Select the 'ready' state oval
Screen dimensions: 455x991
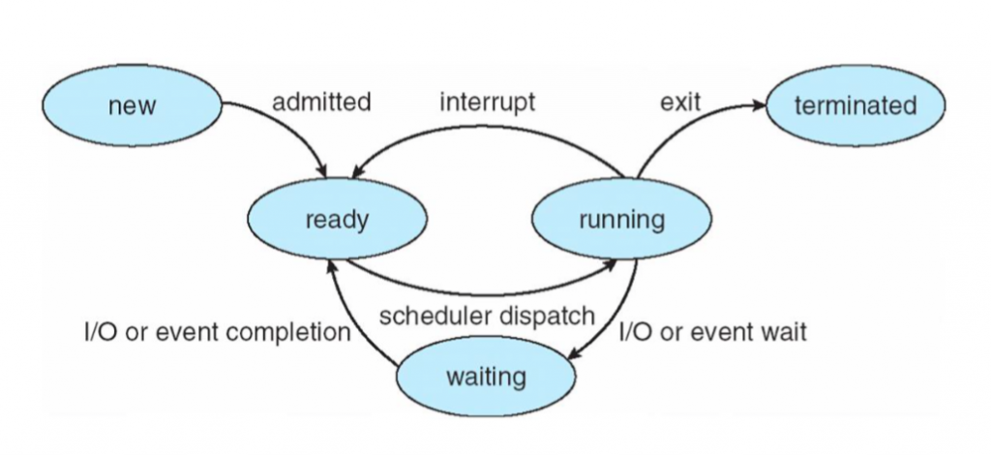click(x=336, y=220)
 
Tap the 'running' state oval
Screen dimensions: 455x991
click(x=621, y=220)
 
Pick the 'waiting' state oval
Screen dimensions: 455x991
click(x=486, y=376)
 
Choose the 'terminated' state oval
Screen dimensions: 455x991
click(x=855, y=106)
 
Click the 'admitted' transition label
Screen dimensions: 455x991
click(x=321, y=102)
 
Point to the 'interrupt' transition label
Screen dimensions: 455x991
click(x=487, y=102)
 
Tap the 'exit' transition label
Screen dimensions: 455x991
click(x=680, y=102)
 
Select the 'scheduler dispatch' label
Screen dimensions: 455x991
click(x=486, y=317)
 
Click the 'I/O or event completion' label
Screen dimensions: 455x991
click(x=216, y=333)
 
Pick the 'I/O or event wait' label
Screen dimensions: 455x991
click(x=712, y=332)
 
